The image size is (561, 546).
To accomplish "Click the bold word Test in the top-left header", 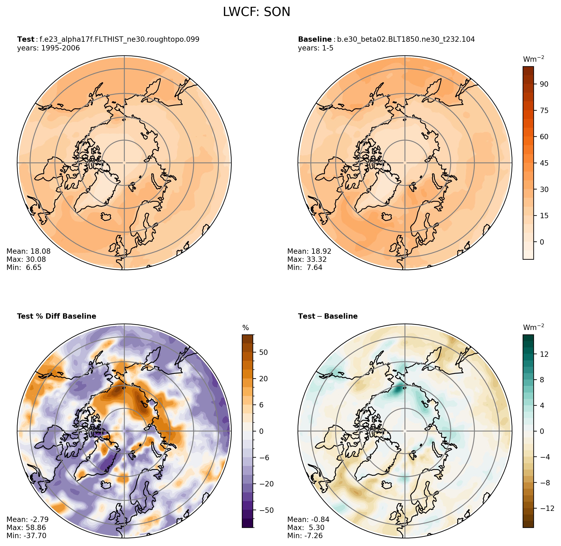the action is click(x=26, y=39).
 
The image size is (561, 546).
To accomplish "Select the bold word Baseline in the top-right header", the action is click(x=315, y=39).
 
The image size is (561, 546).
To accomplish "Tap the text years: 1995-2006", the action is click(x=49, y=48).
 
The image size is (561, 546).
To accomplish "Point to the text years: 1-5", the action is click(x=316, y=48).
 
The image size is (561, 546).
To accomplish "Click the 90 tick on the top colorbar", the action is click(x=544, y=84).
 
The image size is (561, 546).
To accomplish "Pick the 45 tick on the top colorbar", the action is click(x=544, y=163).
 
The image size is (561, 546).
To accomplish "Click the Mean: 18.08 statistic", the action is click(x=28, y=251).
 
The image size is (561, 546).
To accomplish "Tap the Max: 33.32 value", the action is click(x=307, y=259).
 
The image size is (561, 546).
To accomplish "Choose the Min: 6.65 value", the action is click(x=24, y=267).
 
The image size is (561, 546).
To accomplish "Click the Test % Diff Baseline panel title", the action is click(x=56, y=316).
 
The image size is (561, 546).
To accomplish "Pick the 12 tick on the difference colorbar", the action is click(x=544, y=354).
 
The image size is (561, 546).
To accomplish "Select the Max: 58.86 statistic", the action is click(x=26, y=528).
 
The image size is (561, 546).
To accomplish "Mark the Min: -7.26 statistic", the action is click(x=305, y=536).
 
